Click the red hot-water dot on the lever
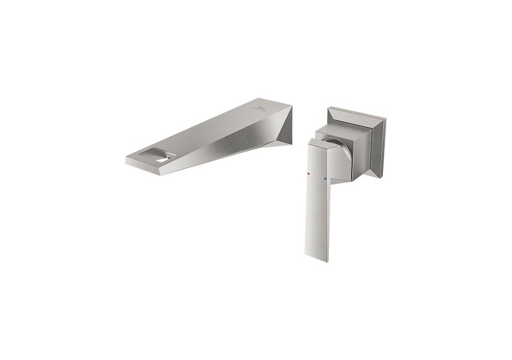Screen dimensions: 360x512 click(x=308, y=176)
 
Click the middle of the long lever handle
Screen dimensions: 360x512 click(x=315, y=197)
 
